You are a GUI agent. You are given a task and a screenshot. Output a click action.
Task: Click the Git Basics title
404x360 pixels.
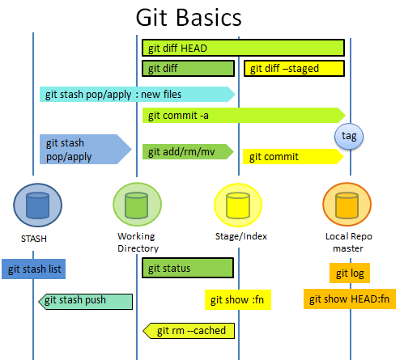pyautogui.click(x=188, y=18)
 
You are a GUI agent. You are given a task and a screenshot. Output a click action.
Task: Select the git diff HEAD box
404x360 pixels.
pyautogui.click(x=243, y=48)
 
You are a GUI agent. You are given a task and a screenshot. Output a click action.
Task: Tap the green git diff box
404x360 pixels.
pyautogui.click(x=188, y=69)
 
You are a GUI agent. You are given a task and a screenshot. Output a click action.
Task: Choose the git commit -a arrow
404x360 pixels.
pyautogui.click(x=243, y=116)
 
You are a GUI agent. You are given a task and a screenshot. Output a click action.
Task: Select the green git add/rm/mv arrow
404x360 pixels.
pyautogui.click(x=187, y=151)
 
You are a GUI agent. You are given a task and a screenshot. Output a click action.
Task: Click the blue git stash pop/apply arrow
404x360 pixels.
pyautogui.click(x=83, y=150)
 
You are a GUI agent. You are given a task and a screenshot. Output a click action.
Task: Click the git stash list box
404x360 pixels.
pyautogui.click(x=33, y=269)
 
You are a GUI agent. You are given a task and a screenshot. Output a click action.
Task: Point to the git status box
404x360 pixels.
pyautogui.click(x=188, y=268)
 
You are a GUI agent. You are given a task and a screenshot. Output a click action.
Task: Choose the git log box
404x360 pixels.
pyautogui.click(x=349, y=273)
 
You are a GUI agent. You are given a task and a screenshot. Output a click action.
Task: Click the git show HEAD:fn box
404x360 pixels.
pyautogui.click(x=349, y=299)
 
